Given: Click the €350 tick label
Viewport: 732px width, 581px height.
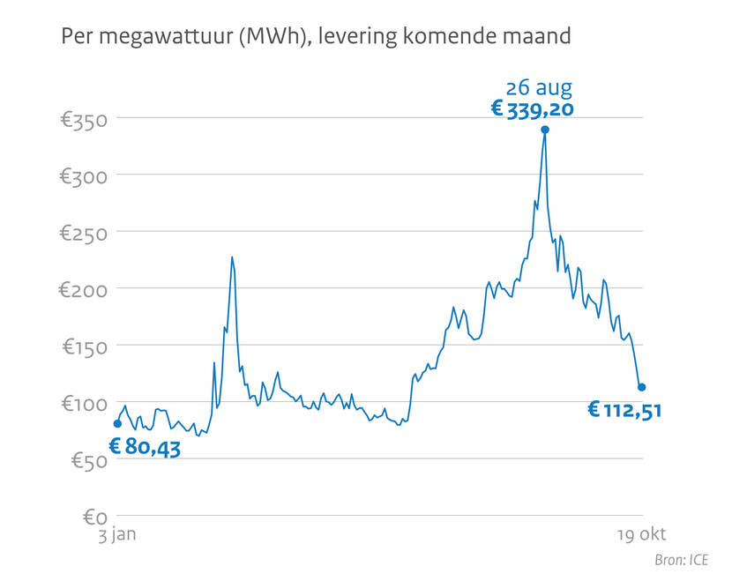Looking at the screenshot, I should (x=83, y=119).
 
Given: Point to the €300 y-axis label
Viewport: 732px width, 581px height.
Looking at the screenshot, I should (x=83, y=175).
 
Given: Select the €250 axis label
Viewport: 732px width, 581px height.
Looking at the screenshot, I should (x=83, y=233).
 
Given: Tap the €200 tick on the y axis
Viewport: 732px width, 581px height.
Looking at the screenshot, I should (x=83, y=289).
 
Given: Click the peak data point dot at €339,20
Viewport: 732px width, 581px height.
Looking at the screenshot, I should (x=545, y=130).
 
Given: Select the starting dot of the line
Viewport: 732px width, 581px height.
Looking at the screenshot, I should (x=117, y=424).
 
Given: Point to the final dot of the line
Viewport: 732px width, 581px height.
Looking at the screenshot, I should (x=642, y=387).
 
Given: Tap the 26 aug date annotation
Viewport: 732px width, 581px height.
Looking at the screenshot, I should (x=539, y=87).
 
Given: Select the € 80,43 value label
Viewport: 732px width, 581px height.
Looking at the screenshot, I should (x=145, y=447).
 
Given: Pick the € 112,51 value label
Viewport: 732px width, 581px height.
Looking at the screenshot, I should (x=624, y=410).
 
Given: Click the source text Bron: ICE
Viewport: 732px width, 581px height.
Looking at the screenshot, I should (x=681, y=560).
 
